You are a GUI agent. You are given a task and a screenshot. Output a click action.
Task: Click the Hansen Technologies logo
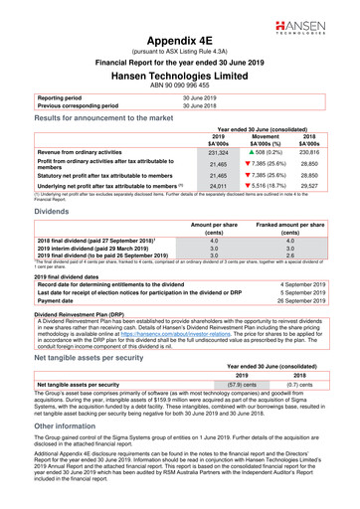(319, 23)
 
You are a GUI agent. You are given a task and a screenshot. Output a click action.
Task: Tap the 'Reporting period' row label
(64, 98)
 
